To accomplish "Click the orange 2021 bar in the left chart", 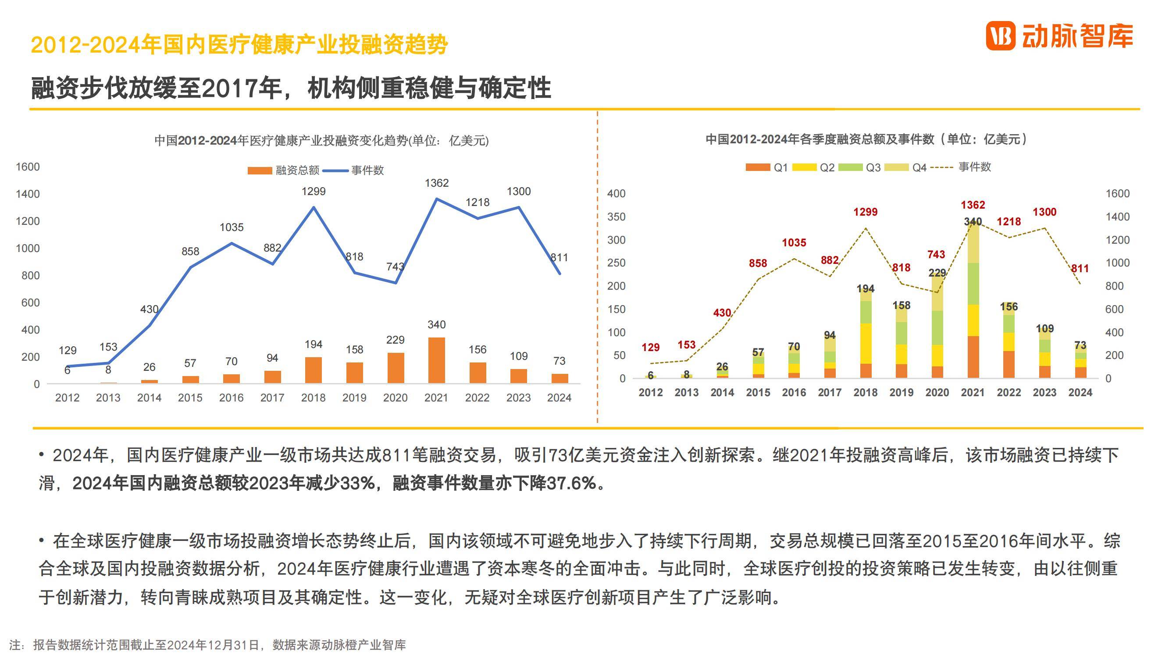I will coord(436,360).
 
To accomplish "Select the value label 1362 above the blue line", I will coord(437,183).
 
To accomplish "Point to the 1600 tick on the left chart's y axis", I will coord(28,167).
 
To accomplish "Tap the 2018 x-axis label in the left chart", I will coord(313,398).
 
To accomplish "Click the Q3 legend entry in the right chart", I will coord(859,167).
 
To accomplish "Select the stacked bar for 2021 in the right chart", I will coord(973,299).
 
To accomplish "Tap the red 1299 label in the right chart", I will coord(866,212).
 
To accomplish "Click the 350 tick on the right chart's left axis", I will coord(616,217).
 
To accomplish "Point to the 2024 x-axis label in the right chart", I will coord(1080,392).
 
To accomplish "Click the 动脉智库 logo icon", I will coord(1001,36).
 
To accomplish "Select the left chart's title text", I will coord(321,141).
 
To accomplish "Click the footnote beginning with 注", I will coord(207,645).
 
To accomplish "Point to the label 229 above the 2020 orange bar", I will coord(395,340).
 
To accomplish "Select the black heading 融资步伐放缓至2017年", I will coord(290,88).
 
